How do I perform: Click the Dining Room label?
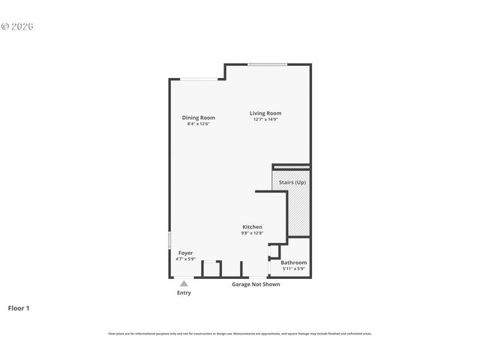coord(198,118)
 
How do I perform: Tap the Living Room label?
coord(265,113)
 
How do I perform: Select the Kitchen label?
coord(252,226)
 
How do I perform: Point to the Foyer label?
coord(185,253)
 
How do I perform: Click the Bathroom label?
coord(293,262)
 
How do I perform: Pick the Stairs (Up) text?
coord(292,182)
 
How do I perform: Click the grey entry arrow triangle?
coord(184,283)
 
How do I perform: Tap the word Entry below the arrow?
coord(184,292)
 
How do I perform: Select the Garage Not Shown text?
coord(255,284)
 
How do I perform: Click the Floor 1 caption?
coord(19,307)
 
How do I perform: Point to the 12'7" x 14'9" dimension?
coord(265,119)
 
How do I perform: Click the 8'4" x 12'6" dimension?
coord(198,124)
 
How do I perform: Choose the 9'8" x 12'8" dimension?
coord(252,232)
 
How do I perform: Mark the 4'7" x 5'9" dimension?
coord(185,259)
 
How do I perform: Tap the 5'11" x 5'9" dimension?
coord(293,268)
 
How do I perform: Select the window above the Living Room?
coord(267,64)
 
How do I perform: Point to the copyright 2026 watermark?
coord(17,26)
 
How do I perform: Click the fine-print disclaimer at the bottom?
coord(239,334)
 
